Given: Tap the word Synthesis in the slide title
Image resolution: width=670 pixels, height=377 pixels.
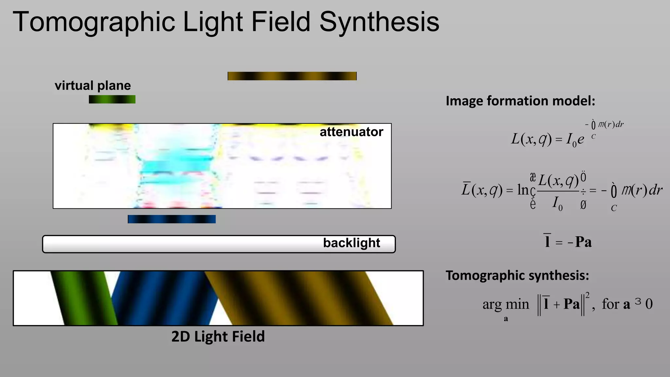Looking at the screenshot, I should tap(379, 22).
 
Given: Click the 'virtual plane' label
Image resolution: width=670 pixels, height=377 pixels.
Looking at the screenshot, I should tap(93, 86).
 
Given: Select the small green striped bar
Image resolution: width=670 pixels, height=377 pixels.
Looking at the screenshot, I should tap(112, 99).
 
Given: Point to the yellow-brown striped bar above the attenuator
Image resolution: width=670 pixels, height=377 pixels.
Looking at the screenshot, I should tap(292, 76).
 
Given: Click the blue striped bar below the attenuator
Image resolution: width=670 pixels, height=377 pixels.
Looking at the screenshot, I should tap(171, 219).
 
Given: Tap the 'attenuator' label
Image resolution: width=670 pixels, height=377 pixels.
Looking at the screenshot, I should tap(351, 132).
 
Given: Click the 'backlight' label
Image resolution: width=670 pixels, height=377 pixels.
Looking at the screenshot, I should tap(351, 243).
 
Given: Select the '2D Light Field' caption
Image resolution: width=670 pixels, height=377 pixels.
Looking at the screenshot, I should tap(218, 336).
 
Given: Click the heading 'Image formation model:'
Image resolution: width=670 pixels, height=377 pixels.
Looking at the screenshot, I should tap(520, 101).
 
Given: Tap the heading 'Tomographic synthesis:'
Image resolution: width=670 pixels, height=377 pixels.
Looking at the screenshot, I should tap(517, 276).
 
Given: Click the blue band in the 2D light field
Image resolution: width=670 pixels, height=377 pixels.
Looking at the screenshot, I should tap(164, 298).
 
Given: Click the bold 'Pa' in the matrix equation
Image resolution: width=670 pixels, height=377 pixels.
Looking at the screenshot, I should tap(583, 242).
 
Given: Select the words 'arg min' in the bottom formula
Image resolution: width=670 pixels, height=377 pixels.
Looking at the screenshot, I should tap(505, 304).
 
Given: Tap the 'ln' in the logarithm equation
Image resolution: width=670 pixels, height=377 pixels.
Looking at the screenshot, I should tap(522, 190).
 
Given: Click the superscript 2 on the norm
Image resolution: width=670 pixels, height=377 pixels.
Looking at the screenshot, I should tap(588, 296).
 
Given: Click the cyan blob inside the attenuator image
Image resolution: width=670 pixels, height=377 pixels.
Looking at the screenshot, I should tap(177, 165).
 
